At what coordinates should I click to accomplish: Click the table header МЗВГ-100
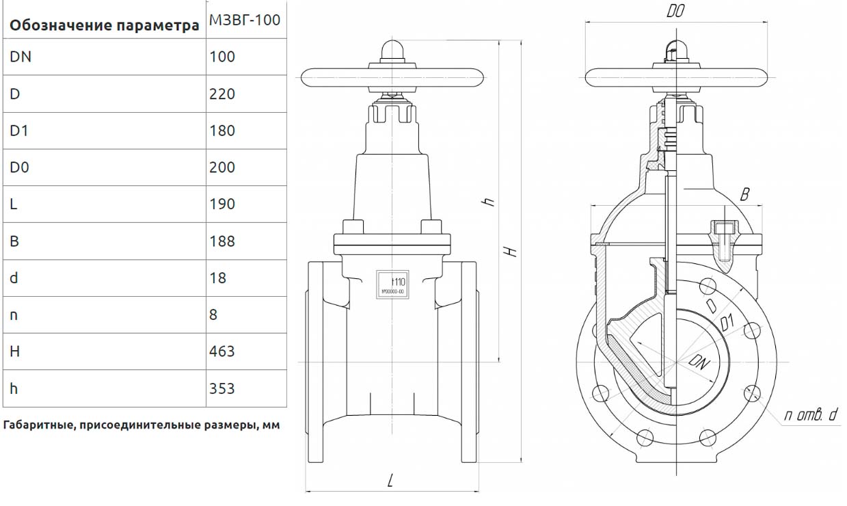[243, 21]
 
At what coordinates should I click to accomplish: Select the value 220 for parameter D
[221, 94]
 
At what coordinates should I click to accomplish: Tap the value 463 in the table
[221, 351]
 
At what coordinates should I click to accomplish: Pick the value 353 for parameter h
[221, 388]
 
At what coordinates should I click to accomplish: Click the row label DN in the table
[21, 57]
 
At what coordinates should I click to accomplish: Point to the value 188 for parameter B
[221, 241]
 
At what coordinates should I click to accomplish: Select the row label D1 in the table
[18, 131]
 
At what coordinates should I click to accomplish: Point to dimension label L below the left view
[390, 481]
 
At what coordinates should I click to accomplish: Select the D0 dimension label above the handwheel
[675, 12]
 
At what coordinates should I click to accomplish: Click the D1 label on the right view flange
[727, 321]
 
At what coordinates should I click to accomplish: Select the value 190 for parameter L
[221, 204]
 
